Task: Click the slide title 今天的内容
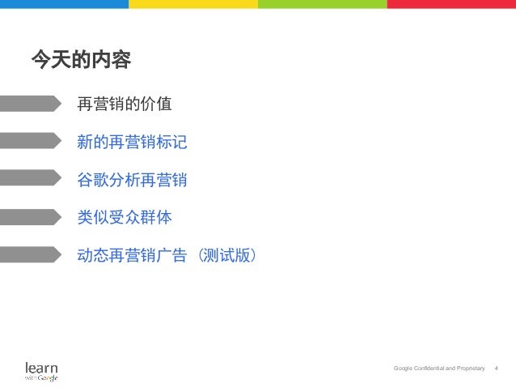tap(80, 60)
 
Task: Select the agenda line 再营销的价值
tap(124, 104)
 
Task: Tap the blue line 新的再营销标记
tap(132, 143)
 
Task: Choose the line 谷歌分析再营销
tap(132, 180)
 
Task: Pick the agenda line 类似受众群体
tap(124, 217)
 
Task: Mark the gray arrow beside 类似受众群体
tap(29, 216)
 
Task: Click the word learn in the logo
tap(41, 367)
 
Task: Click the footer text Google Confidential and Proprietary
tap(439, 369)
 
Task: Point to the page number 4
tap(496, 369)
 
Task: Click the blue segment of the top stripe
tap(64, 4)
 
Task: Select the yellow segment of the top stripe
tap(193, 4)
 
